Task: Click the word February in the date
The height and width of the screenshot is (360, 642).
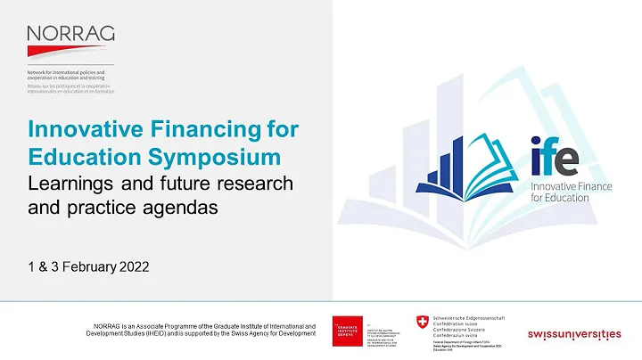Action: [84, 266]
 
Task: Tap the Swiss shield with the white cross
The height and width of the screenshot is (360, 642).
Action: [422, 323]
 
